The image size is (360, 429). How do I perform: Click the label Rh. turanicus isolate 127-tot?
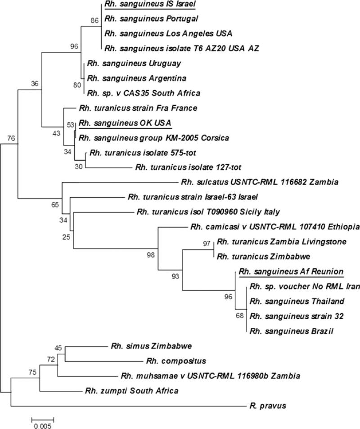(189, 167)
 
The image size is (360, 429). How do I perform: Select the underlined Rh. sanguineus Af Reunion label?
(292, 271)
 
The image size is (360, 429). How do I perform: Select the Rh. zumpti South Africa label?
(131, 390)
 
